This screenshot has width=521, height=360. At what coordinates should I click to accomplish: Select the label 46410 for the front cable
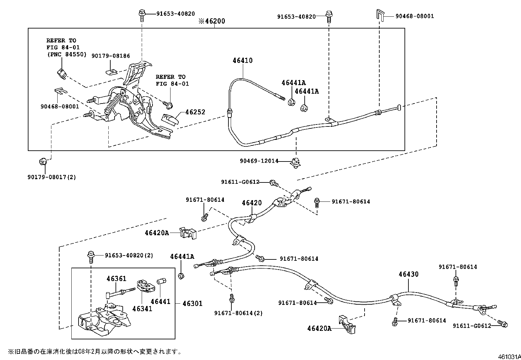pyautogui.click(x=243, y=61)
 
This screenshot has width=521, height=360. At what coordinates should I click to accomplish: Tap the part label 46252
pyautogui.click(x=195, y=112)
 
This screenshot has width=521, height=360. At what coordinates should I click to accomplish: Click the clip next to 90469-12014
pyautogui.click(x=296, y=162)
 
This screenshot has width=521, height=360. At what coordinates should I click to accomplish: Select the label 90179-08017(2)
pyautogui.click(x=52, y=177)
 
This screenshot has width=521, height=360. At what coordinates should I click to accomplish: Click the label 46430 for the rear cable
pyautogui.click(x=408, y=274)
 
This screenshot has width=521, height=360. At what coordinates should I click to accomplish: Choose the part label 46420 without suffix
pyautogui.click(x=252, y=203)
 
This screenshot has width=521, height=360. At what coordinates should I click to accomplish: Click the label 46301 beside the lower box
pyautogui.click(x=192, y=304)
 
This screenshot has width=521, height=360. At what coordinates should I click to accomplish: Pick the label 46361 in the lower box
pyautogui.click(x=116, y=279)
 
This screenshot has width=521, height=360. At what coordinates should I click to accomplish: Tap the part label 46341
pyautogui.click(x=142, y=309)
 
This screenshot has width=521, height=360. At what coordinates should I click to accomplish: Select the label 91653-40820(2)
pyautogui.click(x=129, y=255)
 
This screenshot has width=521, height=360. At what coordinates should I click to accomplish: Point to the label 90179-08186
pyautogui.click(x=110, y=56)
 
